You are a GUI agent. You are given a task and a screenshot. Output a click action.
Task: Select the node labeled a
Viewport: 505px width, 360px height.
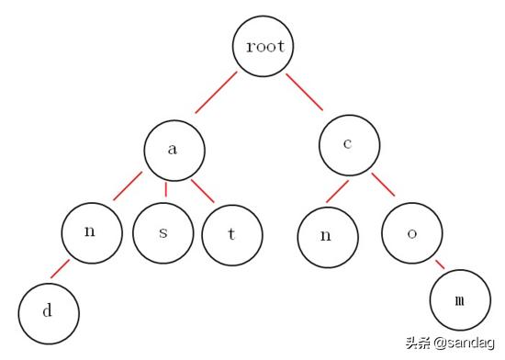tap(174, 149)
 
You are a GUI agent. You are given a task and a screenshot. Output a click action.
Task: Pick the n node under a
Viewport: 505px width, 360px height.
tap(91, 231)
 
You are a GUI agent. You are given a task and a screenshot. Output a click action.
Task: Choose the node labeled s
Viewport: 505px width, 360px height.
tap(163, 232)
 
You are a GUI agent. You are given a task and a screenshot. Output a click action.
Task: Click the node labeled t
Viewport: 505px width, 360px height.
tap(232, 233)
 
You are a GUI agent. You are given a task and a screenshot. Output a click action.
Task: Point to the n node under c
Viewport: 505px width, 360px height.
tap(326, 235)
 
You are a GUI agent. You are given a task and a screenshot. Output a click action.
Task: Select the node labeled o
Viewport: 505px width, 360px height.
tap(412, 231)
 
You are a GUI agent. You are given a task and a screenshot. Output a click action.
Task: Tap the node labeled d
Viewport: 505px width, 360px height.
tap(49, 310)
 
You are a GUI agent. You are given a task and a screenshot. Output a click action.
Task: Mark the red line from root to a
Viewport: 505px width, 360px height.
tap(216, 92)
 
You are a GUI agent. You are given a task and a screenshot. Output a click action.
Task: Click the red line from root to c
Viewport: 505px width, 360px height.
tap(307, 94)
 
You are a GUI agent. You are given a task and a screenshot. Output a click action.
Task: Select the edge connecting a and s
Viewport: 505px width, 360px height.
tap(165, 189)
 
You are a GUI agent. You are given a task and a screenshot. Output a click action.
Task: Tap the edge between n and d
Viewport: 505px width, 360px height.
tap(60, 269)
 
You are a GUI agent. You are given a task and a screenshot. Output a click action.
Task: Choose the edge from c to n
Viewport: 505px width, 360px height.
tap(336, 190)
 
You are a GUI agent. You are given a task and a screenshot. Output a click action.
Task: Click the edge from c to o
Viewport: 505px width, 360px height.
tap(383, 185)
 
